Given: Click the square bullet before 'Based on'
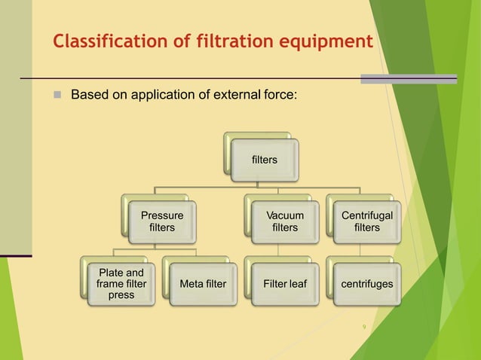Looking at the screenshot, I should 57,96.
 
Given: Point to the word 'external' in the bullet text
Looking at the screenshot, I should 236,96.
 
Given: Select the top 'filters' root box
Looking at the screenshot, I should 264,160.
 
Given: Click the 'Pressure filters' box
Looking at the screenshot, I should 162,221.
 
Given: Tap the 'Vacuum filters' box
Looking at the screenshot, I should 285,221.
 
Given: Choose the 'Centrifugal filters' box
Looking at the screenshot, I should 367,221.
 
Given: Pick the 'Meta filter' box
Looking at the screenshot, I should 203,284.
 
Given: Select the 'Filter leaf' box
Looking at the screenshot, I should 285,284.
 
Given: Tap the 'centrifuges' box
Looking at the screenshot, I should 367,284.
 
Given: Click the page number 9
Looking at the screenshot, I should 364,327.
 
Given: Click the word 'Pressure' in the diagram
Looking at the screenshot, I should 162,215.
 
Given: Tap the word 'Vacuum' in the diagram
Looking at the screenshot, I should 285,215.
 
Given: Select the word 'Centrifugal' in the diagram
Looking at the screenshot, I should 367,215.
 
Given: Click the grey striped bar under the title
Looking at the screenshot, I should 408,78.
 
